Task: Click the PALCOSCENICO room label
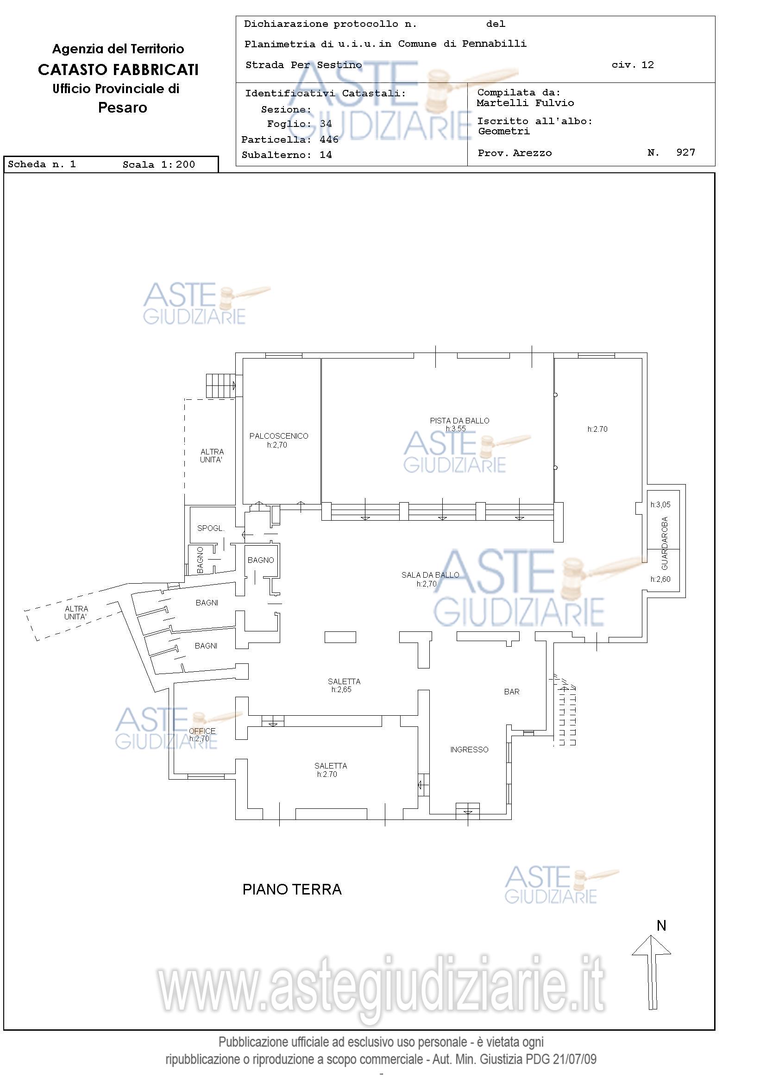278,436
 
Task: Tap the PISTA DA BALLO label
459,421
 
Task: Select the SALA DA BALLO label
430,574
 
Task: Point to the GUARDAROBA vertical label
665,543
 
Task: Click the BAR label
512,692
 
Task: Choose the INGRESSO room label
469,749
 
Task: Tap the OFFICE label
202,731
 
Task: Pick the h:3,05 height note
660,504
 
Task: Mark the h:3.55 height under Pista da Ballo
455,429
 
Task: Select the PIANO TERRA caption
292,889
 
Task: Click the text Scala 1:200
158,164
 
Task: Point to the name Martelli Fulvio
525,103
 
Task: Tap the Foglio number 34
326,124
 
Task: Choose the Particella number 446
329,139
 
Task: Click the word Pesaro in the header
123,107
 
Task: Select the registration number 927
686,152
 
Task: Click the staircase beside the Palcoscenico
220,386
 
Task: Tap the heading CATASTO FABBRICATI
118,70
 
